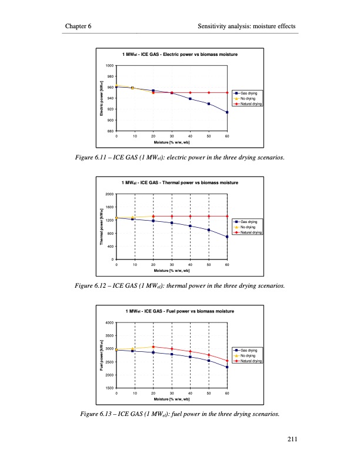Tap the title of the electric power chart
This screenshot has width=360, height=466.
179,54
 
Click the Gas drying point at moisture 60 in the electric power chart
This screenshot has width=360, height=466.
227,112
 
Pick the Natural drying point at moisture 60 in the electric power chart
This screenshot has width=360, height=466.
227,92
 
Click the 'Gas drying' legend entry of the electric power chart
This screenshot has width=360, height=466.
251,93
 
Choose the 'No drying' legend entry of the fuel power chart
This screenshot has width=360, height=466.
251,356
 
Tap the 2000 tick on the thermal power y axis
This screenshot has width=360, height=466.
110,194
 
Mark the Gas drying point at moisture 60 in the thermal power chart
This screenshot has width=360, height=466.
227,237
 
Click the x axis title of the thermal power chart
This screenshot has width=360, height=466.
172,271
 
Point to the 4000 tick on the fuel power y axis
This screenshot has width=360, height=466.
110,323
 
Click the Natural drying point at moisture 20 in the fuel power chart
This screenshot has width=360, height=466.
153,347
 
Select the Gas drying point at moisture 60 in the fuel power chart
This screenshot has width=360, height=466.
227,367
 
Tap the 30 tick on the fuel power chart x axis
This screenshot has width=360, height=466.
172,392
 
